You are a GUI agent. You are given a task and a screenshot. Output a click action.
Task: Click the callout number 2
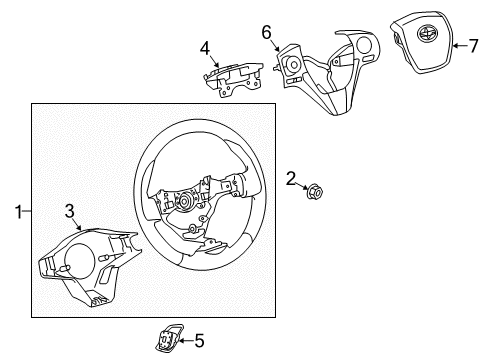pyautogui.click(x=291, y=178)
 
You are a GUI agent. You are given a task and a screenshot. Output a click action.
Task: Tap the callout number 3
pyautogui.click(x=69, y=209)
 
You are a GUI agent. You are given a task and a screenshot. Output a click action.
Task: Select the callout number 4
pyautogui.click(x=204, y=47)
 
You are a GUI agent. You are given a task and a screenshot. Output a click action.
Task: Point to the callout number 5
pyautogui.click(x=198, y=341)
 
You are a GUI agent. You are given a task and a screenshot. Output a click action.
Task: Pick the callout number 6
pyautogui.click(x=267, y=32)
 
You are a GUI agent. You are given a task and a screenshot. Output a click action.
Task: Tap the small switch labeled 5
pyautogui.click(x=164, y=340)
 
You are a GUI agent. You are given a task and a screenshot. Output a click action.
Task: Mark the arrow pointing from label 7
pyautogui.click(x=459, y=44)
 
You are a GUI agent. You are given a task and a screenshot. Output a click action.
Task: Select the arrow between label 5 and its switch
pyautogui.click(x=183, y=341)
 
